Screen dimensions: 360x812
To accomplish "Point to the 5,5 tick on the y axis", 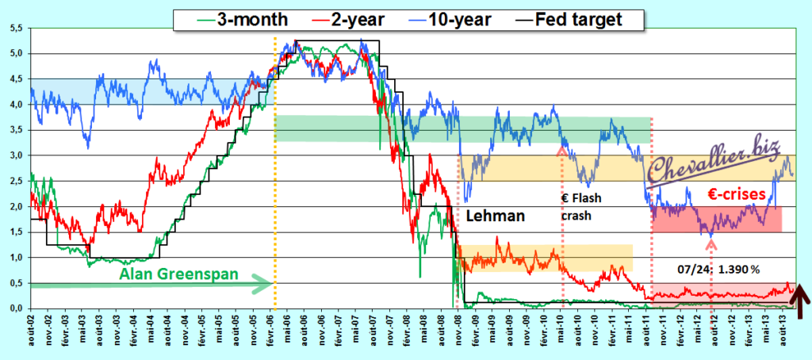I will (x=16, y=29).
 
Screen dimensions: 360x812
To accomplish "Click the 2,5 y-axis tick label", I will (x=16, y=181).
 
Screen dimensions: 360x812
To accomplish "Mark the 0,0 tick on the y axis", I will (x=16, y=308).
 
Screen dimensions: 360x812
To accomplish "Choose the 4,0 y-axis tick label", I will (x=16, y=105).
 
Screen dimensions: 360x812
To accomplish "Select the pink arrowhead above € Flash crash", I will (x=562, y=148).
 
